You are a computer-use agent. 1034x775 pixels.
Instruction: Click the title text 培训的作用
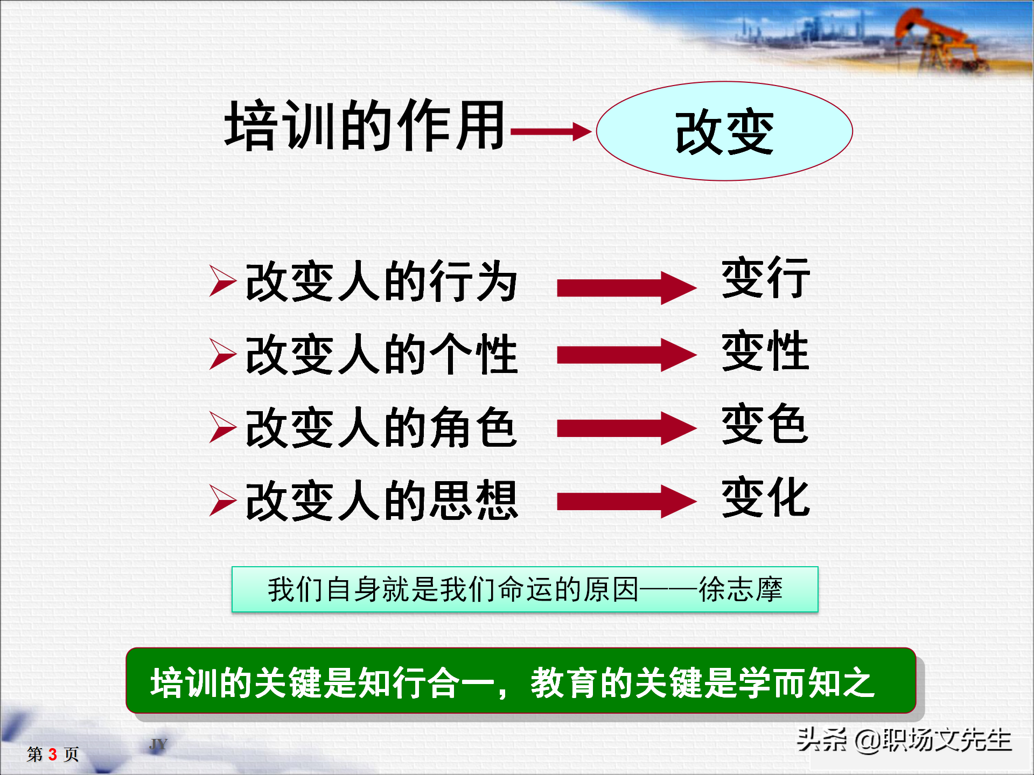(x=365, y=126)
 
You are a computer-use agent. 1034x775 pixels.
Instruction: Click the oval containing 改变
(x=724, y=131)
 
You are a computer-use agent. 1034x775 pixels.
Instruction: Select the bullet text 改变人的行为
(x=381, y=281)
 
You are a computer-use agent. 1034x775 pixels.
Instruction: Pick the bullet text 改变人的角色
(x=381, y=427)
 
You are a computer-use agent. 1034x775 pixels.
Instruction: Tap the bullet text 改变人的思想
(x=381, y=501)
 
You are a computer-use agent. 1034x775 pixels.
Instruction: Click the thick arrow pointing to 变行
(x=626, y=288)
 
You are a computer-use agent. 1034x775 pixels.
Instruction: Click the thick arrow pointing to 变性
(x=626, y=355)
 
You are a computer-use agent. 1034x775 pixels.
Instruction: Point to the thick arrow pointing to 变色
(x=626, y=428)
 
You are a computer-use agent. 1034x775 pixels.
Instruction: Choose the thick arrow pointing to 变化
(x=626, y=501)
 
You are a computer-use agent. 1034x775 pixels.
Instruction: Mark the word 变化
(x=765, y=497)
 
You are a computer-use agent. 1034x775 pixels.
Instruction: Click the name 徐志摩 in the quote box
(x=740, y=589)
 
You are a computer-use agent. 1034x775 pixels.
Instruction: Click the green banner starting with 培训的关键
(x=520, y=681)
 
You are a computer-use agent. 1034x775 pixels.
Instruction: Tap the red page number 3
(x=53, y=755)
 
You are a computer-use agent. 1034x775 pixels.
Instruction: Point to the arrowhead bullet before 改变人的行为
(x=222, y=281)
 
